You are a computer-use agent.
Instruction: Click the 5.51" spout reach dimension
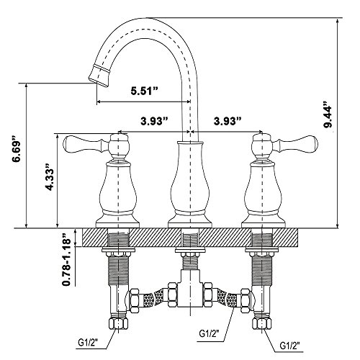pyautogui.click(x=145, y=91)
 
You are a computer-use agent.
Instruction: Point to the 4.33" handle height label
pyautogui.click(x=50, y=178)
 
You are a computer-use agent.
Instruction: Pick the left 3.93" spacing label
pyautogui.click(x=154, y=122)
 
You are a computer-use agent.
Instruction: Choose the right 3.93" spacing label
pyautogui.click(x=228, y=122)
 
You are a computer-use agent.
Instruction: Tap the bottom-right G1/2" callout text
pyautogui.click(x=289, y=346)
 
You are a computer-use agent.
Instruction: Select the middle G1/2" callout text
pyautogui.click(x=209, y=334)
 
